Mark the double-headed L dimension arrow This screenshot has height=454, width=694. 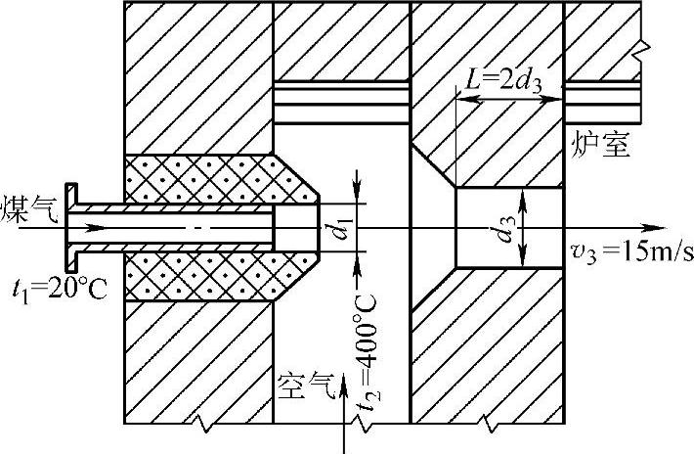(510, 100)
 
